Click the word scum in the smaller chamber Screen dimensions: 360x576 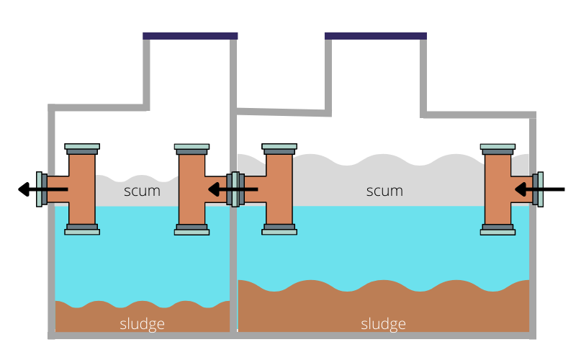[x=142, y=192]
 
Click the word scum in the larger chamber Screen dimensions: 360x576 [x=384, y=192]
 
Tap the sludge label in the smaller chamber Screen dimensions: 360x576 [x=142, y=324]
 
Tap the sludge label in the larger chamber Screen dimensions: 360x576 [x=383, y=324]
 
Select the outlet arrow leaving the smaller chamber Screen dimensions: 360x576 [x=42, y=189]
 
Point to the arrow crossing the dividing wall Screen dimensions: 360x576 [x=232, y=189]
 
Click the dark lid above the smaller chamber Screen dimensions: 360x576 [x=190, y=35]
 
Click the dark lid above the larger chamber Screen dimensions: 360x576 [x=375, y=35]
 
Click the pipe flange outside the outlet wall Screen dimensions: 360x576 [x=40, y=189]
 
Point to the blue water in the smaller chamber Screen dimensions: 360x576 [x=142, y=259]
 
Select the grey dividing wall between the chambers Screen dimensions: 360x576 [x=233, y=274]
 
